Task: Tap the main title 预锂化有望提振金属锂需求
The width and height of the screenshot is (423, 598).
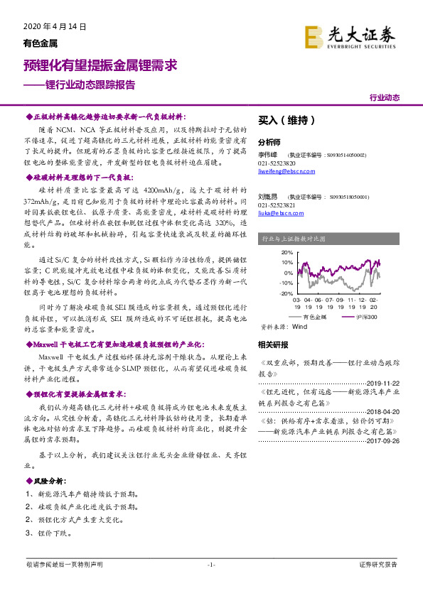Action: [x=100, y=65]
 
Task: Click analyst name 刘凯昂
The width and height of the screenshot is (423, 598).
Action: [x=268, y=196]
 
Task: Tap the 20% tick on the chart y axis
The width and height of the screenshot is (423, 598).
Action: [x=267, y=253]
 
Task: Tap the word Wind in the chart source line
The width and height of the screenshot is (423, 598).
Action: [x=299, y=327]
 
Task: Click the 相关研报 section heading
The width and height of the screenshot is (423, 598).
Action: [x=273, y=345]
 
